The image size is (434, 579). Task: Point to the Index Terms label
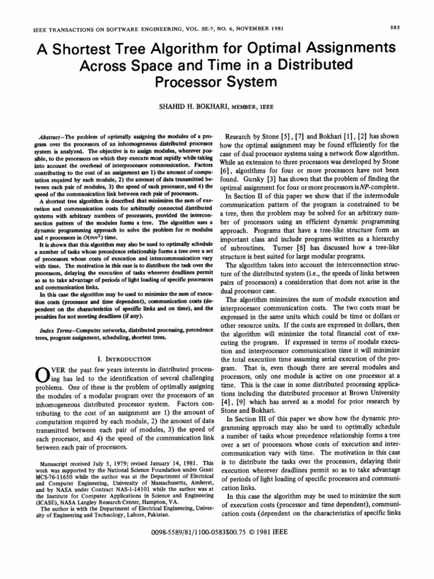click(46, 330)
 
